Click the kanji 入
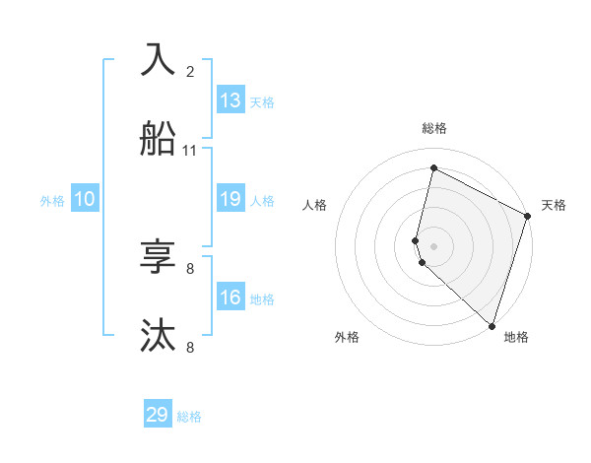159,59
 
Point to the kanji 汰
159,335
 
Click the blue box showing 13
230,100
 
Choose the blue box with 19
230,199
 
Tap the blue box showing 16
230,298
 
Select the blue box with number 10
85,199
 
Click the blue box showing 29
158,415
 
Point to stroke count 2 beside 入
190,72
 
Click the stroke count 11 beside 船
190,151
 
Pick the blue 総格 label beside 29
189,417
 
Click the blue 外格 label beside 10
52,201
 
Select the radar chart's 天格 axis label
554,205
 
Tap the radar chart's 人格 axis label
314,205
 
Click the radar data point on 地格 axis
492,325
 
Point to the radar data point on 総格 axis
433,168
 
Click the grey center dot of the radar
433,245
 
